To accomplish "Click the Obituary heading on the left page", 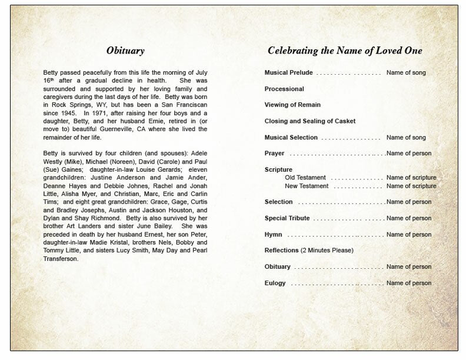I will click(x=125, y=51).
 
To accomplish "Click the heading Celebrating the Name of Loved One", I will click(x=350, y=51).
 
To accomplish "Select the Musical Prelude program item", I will click(x=288, y=73).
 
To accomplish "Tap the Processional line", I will click(x=284, y=89).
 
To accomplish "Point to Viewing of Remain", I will click(x=292, y=105).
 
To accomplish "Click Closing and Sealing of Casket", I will click(x=309, y=121).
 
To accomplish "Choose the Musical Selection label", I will click(x=291, y=138).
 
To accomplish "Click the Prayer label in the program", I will click(x=274, y=154).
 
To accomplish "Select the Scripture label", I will click(x=278, y=169).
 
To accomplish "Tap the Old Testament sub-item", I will click(x=306, y=178).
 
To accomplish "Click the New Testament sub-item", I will click(x=307, y=186).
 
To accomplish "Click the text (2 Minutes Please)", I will click(x=327, y=251).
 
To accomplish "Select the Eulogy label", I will click(x=275, y=283).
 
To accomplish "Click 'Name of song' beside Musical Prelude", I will click(x=406, y=73).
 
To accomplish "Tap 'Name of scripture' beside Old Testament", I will click(x=411, y=178).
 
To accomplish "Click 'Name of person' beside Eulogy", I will click(x=409, y=283).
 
